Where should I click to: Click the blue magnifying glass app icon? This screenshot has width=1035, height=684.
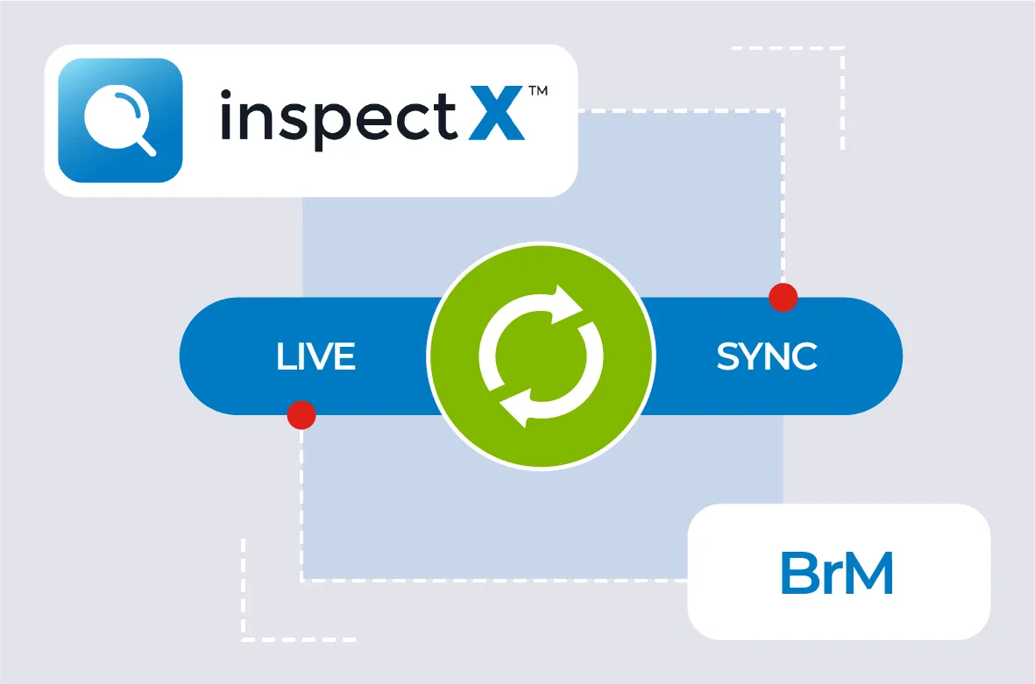120,120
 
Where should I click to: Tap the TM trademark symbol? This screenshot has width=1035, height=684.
537,91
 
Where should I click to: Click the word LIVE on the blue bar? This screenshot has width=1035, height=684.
315,356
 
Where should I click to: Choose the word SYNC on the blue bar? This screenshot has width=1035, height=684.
767,356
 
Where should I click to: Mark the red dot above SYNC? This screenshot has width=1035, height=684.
783,298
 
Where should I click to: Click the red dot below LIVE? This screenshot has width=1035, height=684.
301,414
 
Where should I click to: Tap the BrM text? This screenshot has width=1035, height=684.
837,575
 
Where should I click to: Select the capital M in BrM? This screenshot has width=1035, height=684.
868,575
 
